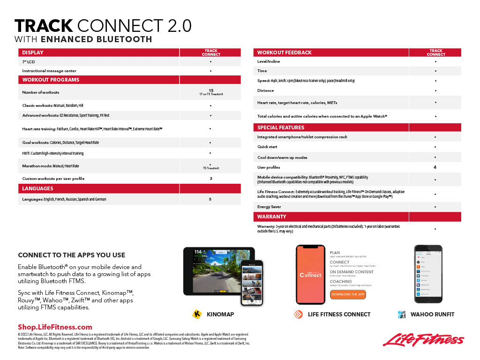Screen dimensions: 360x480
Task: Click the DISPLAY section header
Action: point(33,52)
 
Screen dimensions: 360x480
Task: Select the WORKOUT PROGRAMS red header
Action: point(51,80)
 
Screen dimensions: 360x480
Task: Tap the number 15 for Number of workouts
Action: point(210,90)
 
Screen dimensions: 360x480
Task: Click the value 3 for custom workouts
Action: point(210,179)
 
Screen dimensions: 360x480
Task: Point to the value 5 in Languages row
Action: point(210,199)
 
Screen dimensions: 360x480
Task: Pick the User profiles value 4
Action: point(435,167)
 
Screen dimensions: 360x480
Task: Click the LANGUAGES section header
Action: point(37,188)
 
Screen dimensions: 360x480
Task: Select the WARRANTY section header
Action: point(271,217)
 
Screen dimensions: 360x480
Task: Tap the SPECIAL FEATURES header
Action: point(280,127)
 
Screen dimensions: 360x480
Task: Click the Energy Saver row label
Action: point(270,207)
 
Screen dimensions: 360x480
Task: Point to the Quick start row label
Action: point(267,147)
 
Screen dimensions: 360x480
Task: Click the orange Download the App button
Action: point(347,294)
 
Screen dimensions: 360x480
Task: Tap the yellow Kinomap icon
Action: point(197,314)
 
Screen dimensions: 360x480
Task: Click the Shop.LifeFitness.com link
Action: point(55,327)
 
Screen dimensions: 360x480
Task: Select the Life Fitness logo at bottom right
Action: point(423,340)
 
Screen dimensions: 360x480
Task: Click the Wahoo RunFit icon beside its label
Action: point(402,315)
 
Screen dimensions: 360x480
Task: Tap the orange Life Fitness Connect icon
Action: point(298,314)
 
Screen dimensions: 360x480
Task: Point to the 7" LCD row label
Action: point(28,62)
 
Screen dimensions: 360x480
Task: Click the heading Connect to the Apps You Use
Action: point(71,255)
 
